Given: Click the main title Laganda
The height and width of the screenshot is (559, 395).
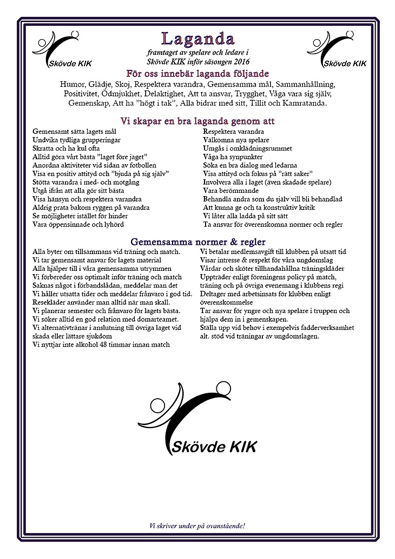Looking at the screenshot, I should tap(197, 39).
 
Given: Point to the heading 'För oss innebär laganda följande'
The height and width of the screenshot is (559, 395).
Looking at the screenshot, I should tap(197, 74).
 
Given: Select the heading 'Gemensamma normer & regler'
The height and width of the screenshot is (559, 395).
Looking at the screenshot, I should tap(197, 242).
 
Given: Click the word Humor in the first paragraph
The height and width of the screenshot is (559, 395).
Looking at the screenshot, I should tap(73, 84).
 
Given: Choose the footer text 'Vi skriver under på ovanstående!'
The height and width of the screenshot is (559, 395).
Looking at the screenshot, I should tap(197, 526).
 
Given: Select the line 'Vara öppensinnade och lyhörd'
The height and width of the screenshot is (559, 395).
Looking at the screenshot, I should tap(78, 224).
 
